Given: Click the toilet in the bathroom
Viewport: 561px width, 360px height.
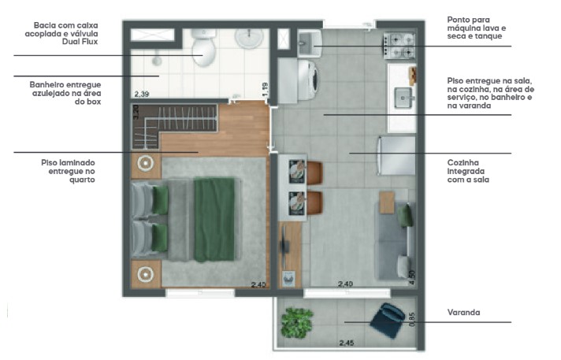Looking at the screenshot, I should point(204,49).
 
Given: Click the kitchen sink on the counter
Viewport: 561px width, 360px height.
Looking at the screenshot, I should point(403,99).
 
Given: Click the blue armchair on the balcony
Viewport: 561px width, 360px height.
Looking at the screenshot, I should point(389,320).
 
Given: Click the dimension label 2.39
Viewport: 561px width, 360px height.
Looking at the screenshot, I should point(142,94).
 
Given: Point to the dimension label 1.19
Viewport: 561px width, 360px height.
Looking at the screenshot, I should point(266,91).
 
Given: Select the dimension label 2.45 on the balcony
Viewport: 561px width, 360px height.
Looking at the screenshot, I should point(347,343).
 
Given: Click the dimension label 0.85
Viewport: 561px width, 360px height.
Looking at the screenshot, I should point(412,319).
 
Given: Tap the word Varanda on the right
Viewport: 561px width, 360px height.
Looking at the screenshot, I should point(464,313).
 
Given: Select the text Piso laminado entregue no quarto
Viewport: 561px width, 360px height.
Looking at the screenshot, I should point(69,170).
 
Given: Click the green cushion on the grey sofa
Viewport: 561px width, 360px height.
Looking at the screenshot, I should point(407,215).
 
